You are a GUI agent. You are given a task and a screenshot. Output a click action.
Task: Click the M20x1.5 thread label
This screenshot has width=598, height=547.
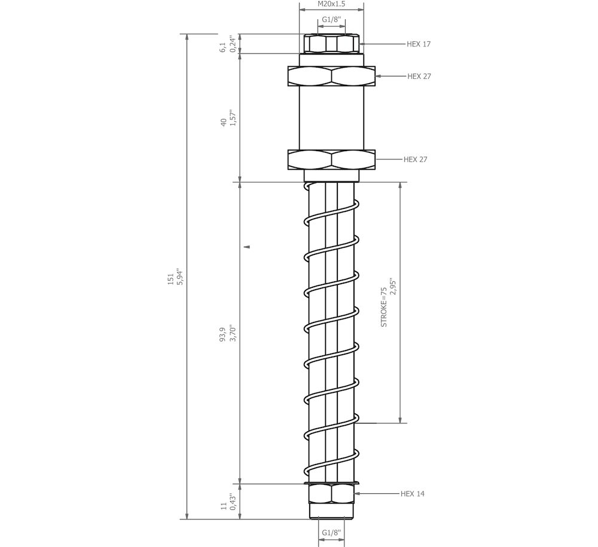[331, 4]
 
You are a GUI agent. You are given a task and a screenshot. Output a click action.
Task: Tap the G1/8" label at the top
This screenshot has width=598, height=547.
[331, 20]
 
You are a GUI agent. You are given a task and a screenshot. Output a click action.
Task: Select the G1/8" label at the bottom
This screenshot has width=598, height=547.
[331, 533]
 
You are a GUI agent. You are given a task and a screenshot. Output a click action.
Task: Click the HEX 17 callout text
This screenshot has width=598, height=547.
[419, 44]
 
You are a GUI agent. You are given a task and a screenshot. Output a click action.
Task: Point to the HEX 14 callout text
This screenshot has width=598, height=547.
[412, 494]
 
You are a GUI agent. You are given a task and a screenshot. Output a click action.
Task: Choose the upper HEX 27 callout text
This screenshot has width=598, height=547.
[419, 76]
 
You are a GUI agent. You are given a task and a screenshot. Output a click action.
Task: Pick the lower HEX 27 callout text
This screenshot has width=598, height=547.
[416, 159]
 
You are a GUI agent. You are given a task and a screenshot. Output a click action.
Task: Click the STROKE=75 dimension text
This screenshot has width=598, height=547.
[384, 307]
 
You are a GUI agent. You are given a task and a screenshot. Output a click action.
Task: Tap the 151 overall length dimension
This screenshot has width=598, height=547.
[170, 278]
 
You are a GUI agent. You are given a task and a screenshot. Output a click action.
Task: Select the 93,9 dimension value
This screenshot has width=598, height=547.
[223, 334]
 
